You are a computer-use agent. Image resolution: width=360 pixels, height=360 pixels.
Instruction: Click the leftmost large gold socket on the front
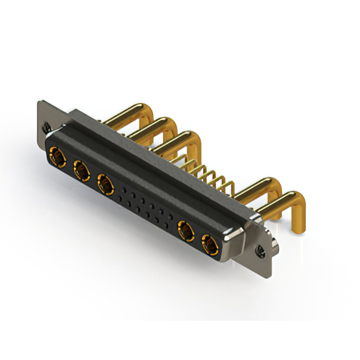coord(57,157)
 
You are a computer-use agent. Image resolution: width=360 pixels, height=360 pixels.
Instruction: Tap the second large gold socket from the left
coord(82,170)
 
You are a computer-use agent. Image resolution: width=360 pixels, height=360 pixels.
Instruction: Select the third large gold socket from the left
coord(105,184)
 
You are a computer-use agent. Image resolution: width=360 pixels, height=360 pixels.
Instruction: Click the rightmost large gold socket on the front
coord(210,245)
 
